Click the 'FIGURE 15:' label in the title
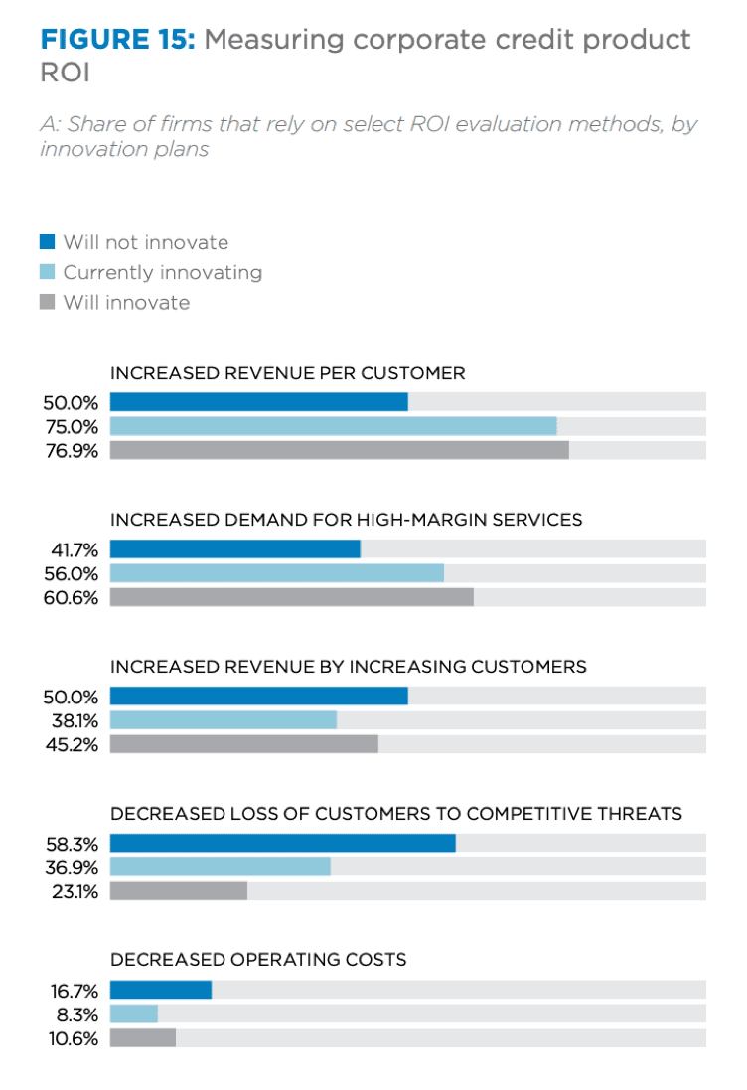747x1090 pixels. (x=118, y=40)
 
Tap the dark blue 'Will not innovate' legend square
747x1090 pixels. (x=47, y=242)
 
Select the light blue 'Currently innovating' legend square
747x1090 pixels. (x=47, y=272)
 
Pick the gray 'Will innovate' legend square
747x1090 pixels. (x=47, y=302)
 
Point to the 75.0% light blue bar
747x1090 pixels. (x=333, y=426)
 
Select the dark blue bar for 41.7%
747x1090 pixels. (x=234, y=549)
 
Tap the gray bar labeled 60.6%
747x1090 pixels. (x=291, y=597)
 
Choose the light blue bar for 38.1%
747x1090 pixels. (x=224, y=720)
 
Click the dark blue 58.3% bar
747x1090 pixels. (x=282, y=843)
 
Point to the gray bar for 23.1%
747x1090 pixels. (x=179, y=890)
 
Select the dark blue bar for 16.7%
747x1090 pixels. (x=161, y=990)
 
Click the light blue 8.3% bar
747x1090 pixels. (x=134, y=1013)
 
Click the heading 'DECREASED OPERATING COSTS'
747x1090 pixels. (x=258, y=960)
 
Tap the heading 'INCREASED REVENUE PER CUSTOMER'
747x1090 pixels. (x=287, y=374)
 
